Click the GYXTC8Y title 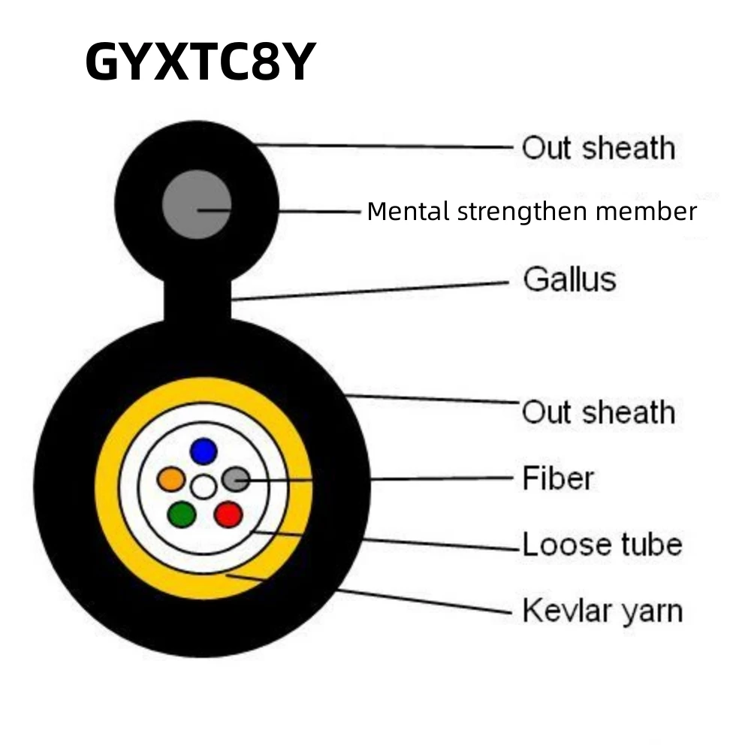[198, 62]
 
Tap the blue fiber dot [203, 451]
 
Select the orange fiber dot [171, 478]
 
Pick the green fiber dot [182, 514]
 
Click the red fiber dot [228, 514]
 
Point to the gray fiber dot [236, 478]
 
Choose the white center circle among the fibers [203, 487]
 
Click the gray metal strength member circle [197, 204]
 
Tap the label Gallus [569, 279]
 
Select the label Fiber [558, 478]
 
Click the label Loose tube [602, 544]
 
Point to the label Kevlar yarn [602, 610]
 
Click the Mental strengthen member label [532, 212]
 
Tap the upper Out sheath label [599, 147]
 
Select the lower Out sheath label [599, 412]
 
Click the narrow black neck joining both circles [197, 300]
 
